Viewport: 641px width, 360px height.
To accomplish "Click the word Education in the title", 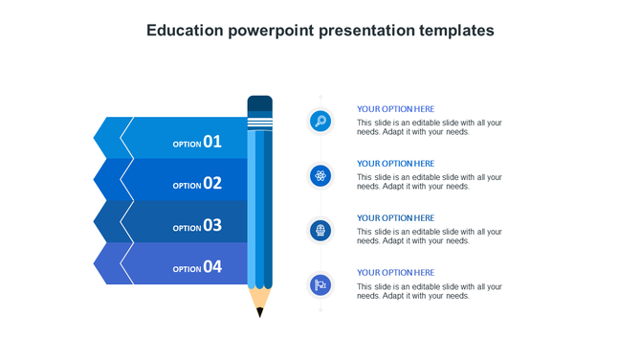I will pyautogui.click(x=185, y=31).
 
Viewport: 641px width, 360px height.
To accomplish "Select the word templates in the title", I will pyautogui.click(x=456, y=31).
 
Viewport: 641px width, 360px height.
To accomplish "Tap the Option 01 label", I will pyautogui.click(x=197, y=143).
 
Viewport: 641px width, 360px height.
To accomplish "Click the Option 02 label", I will pyautogui.click(x=197, y=184).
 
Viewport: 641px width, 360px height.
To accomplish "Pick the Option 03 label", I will pyautogui.click(x=197, y=226).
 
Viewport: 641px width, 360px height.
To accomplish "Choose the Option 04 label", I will pyautogui.click(x=197, y=268).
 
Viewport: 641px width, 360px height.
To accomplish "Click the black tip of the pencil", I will pyautogui.click(x=259, y=312).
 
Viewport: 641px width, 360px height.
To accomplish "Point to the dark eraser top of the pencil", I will pyautogui.click(x=259, y=103).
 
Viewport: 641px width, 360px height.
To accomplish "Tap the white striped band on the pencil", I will pyautogui.click(x=259, y=123).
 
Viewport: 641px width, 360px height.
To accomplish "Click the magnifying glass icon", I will pyautogui.click(x=320, y=121).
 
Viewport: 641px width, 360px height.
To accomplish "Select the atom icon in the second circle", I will pyautogui.click(x=320, y=175).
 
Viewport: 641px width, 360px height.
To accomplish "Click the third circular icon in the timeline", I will pyautogui.click(x=320, y=230).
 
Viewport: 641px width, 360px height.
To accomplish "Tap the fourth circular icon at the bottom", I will pyautogui.click(x=320, y=284).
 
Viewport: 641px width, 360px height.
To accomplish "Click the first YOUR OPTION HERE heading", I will pyautogui.click(x=395, y=109).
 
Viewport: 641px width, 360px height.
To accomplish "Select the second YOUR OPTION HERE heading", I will pyautogui.click(x=395, y=164).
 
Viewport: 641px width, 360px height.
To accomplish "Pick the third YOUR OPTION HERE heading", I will pyautogui.click(x=395, y=218).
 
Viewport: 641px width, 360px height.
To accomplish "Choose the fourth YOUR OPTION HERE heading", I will pyautogui.click(x=395, y=273).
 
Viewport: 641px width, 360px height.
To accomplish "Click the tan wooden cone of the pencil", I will pyautogui.click(x=259, y=298).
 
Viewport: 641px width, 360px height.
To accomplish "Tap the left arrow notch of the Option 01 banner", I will pyautogui.click(x=107, y=138).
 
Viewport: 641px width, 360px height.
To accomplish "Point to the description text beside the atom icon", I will pyautogui.click(x=429, y=182).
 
